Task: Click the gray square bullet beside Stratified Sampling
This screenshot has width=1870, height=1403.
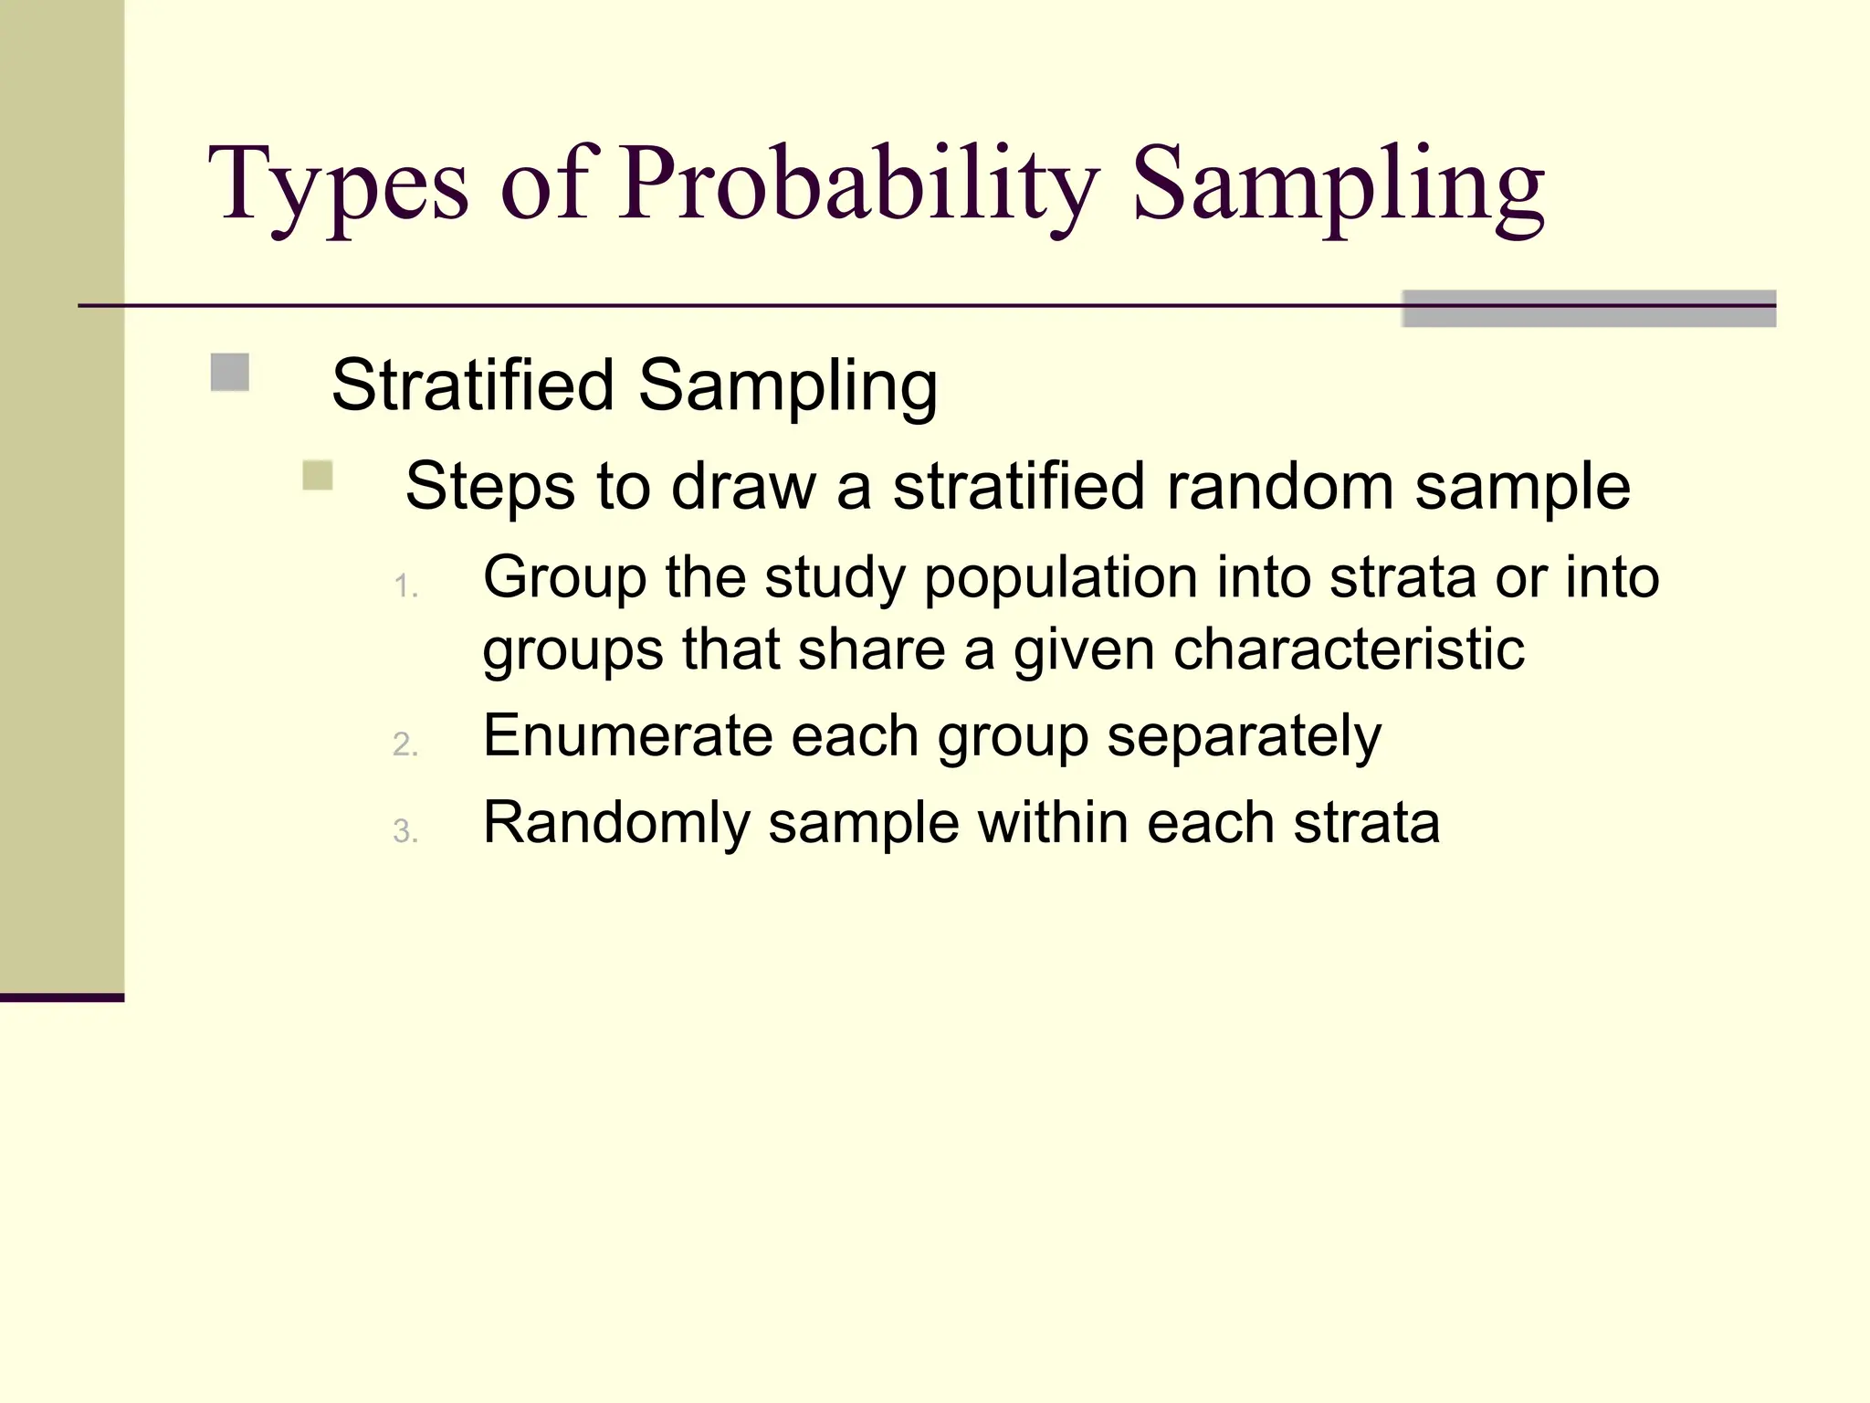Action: coord(230,373)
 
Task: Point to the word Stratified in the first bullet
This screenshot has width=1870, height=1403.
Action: coord(472,385)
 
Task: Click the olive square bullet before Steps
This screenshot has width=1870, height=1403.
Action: coord(318,476)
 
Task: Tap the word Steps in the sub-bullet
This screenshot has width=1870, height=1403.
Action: coord(489,486)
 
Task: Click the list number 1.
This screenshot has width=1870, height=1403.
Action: coord(405,586)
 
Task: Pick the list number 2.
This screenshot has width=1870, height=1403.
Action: coord(405,745)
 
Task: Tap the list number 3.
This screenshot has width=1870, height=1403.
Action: coord(405,831)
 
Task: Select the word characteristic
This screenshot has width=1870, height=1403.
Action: coord(1349,649)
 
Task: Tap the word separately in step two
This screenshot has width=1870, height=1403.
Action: coord(1244,736)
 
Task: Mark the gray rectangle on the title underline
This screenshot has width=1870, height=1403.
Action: coord(1589,309)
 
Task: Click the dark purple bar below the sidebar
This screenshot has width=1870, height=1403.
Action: coord(62,997)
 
